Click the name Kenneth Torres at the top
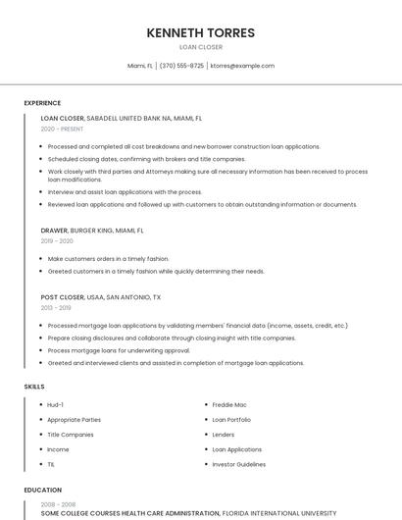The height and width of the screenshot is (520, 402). click(200, 32)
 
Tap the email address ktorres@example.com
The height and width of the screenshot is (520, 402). click(243, 66)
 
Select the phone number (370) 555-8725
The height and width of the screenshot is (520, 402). click(181, 66)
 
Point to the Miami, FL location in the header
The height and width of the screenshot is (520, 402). click(140, 66)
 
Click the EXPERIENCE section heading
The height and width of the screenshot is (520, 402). click(42, 102)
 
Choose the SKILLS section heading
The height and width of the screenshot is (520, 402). click(34, 387)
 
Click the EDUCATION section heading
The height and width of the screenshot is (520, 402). click(43, 490)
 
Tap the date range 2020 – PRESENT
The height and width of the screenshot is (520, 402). click(62, 129)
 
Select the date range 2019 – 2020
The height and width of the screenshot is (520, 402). click(57, 240)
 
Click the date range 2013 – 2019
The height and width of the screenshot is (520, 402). click(56, 307)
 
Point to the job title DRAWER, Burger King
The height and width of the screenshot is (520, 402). click(92, 231)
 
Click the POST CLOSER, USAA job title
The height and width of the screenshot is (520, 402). click(101, 296)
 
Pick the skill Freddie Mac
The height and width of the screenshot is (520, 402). click(229, 404)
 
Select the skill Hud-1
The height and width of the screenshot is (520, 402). click(56, 404)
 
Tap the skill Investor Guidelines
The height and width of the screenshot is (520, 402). click(238, 464)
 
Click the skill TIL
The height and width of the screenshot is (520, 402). click(51, 464)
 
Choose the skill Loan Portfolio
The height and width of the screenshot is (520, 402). click(231, 419)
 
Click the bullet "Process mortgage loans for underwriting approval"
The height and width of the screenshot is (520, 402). click(119, 350)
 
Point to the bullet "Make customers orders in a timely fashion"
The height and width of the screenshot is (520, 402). click(108, 258)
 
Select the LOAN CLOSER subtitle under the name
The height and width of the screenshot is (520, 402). click(200, 47)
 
